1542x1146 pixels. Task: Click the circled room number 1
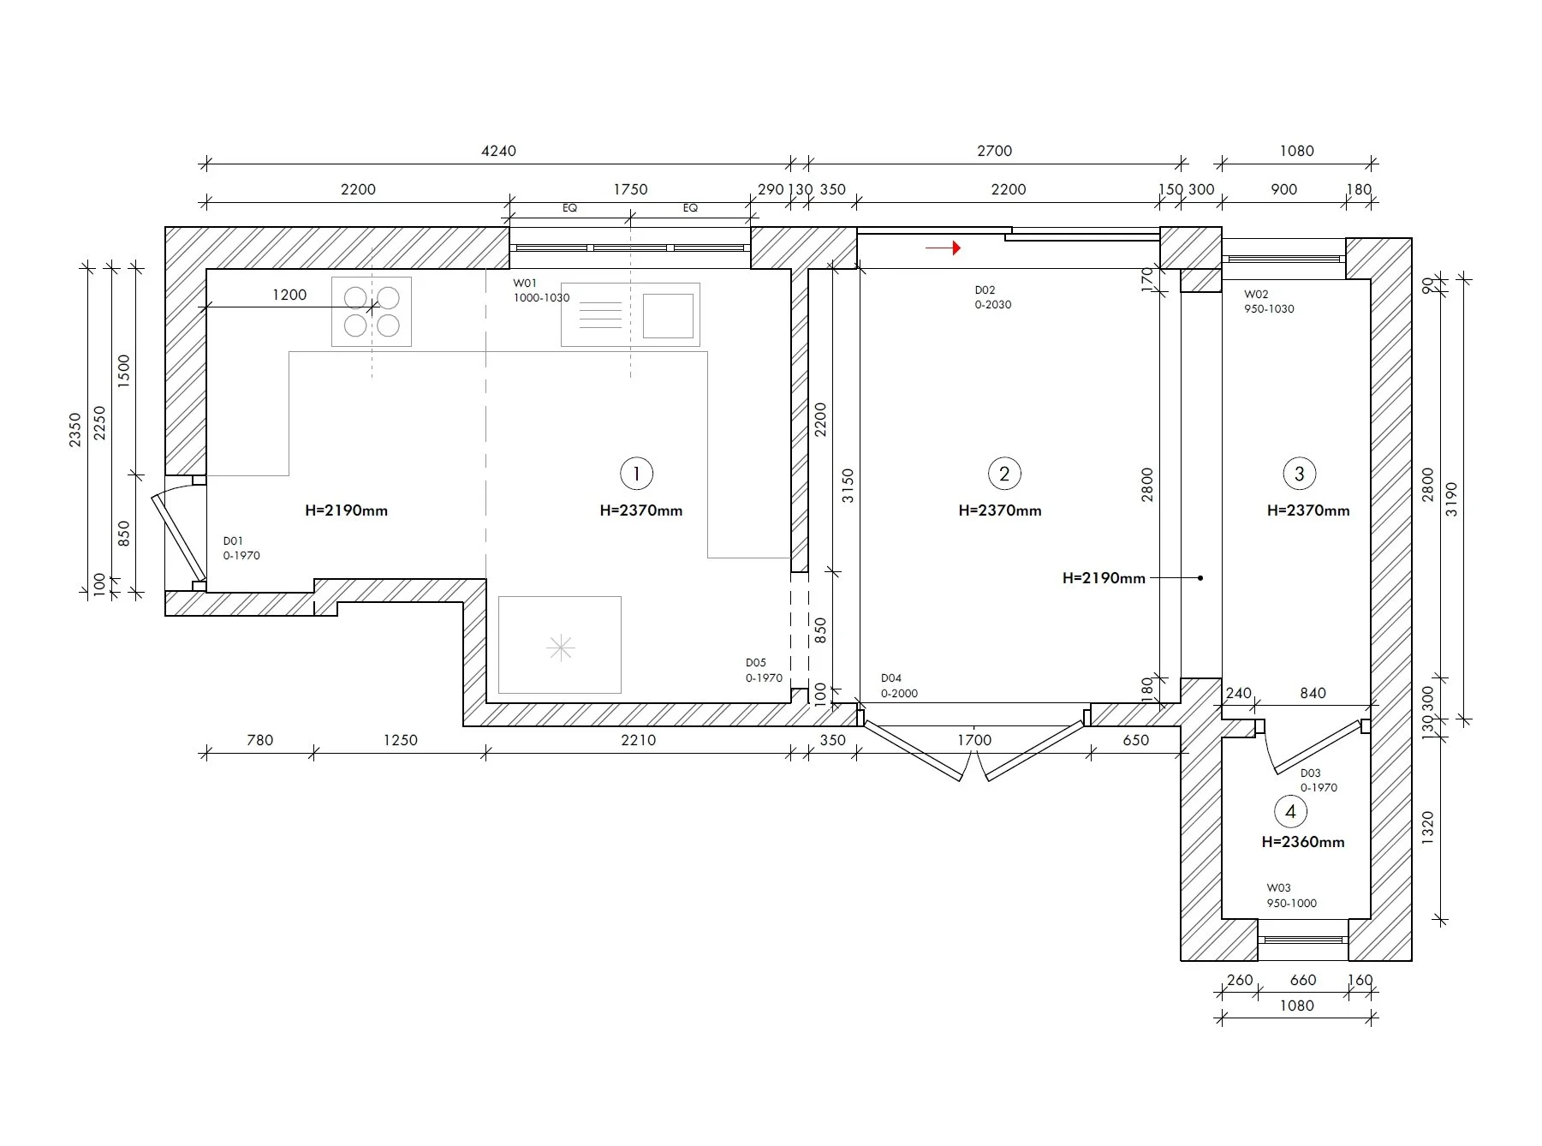[x=636, y=473]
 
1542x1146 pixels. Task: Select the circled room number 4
[x=1290, y=812]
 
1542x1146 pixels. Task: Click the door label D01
[x=233, y=541]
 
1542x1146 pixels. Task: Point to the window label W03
[x=1278, y=888]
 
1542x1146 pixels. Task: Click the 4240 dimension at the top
[x=498, y=151]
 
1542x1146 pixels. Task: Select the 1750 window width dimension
[x=630, y=189]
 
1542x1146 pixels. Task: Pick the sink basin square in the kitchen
[x=668, y=315]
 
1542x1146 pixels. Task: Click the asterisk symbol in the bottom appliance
[x=561, y=648]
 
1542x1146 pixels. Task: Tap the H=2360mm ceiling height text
[x=1302, y=842]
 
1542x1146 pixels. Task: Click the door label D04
[x=891, y=678]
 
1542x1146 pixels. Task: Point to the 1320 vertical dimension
[x=1427, y=828]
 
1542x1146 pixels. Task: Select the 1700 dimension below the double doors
[x=974, y=740]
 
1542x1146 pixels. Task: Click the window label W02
[x=1256, y=294]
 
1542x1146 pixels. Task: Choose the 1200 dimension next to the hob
[x=289, y=295]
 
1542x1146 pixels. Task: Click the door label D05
[x=755, y=663]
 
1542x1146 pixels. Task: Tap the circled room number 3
[x=1299, y=473]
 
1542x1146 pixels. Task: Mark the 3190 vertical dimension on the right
[x=1451, y=499]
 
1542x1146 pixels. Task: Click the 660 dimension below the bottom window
[x=1302, y=980]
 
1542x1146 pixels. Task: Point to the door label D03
[x=1310, y=773]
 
